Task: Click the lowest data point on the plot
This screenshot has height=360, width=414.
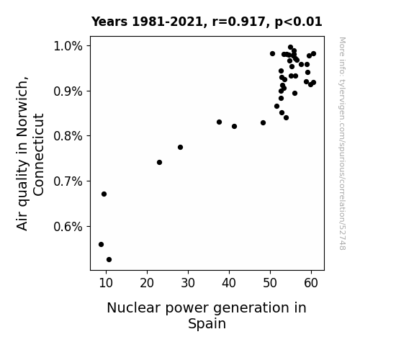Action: coord(109,260)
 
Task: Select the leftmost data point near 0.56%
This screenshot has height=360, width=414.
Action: coord(101,245)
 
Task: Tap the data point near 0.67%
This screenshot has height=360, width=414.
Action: coord(104,194)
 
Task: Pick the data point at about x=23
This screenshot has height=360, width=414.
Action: coord(159,163)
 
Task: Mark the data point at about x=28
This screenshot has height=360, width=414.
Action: coord(180,148)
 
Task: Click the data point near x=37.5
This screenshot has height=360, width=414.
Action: coord(219,122)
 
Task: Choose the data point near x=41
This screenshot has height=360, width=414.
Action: coord(234,127)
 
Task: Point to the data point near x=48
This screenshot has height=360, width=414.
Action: coord(263,123)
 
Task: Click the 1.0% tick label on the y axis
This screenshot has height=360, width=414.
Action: coord(68,47)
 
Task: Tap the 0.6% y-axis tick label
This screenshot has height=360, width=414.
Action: coord(68,227)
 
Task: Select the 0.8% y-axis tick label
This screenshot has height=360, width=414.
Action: coord(68,136)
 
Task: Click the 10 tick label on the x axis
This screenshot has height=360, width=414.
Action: coord(106,283)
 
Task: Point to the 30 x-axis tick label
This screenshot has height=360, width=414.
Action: coord(188,283)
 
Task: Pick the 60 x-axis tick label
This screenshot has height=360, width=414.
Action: coord(311,283)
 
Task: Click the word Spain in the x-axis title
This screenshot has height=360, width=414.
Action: coord(207,324)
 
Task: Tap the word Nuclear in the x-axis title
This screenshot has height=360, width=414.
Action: coord(135,308)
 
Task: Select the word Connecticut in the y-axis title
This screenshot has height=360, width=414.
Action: coord(39,155)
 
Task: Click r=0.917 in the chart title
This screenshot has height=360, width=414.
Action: coord(239,22)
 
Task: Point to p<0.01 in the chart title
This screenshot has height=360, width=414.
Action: coord(298,22)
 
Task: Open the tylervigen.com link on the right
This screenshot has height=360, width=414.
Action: coord(342,144)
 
